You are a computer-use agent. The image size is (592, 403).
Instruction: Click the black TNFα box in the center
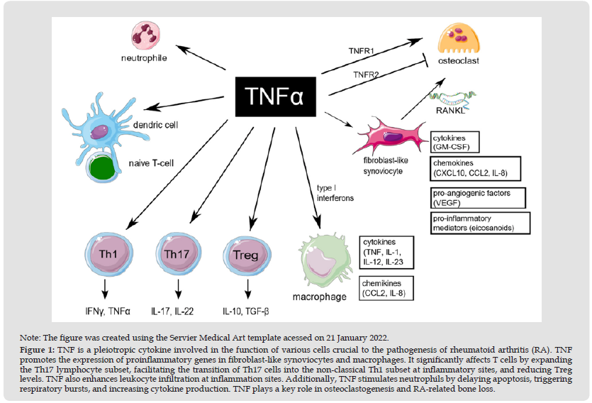tap(273, 96)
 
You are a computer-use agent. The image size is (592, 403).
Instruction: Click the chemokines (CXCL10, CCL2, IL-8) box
tap(475, 168)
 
